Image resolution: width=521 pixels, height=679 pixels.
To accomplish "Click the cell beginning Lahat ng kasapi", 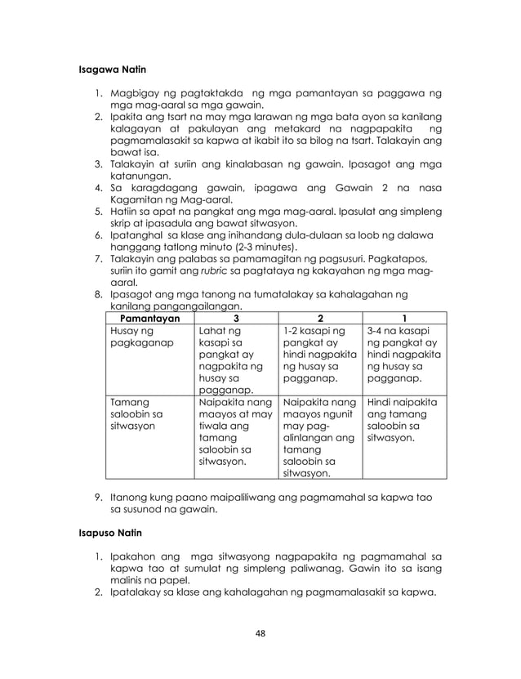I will coord(229,359).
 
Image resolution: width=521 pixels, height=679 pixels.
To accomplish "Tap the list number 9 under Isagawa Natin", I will coord(97,497).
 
